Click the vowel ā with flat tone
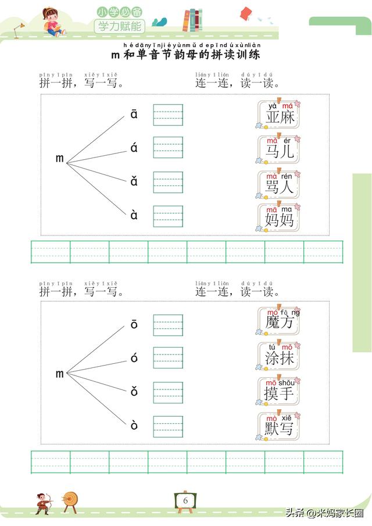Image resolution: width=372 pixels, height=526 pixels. pos(134,114)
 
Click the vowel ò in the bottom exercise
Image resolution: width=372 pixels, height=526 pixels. pos(134,425)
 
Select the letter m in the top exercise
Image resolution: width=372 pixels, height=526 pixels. pos(59,158)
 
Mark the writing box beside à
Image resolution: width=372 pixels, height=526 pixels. pos(168,216)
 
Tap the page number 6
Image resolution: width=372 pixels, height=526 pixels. pos(185,500)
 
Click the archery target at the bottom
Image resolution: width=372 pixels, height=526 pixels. pos(70,500)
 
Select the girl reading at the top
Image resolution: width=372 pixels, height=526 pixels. pos(53,23)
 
